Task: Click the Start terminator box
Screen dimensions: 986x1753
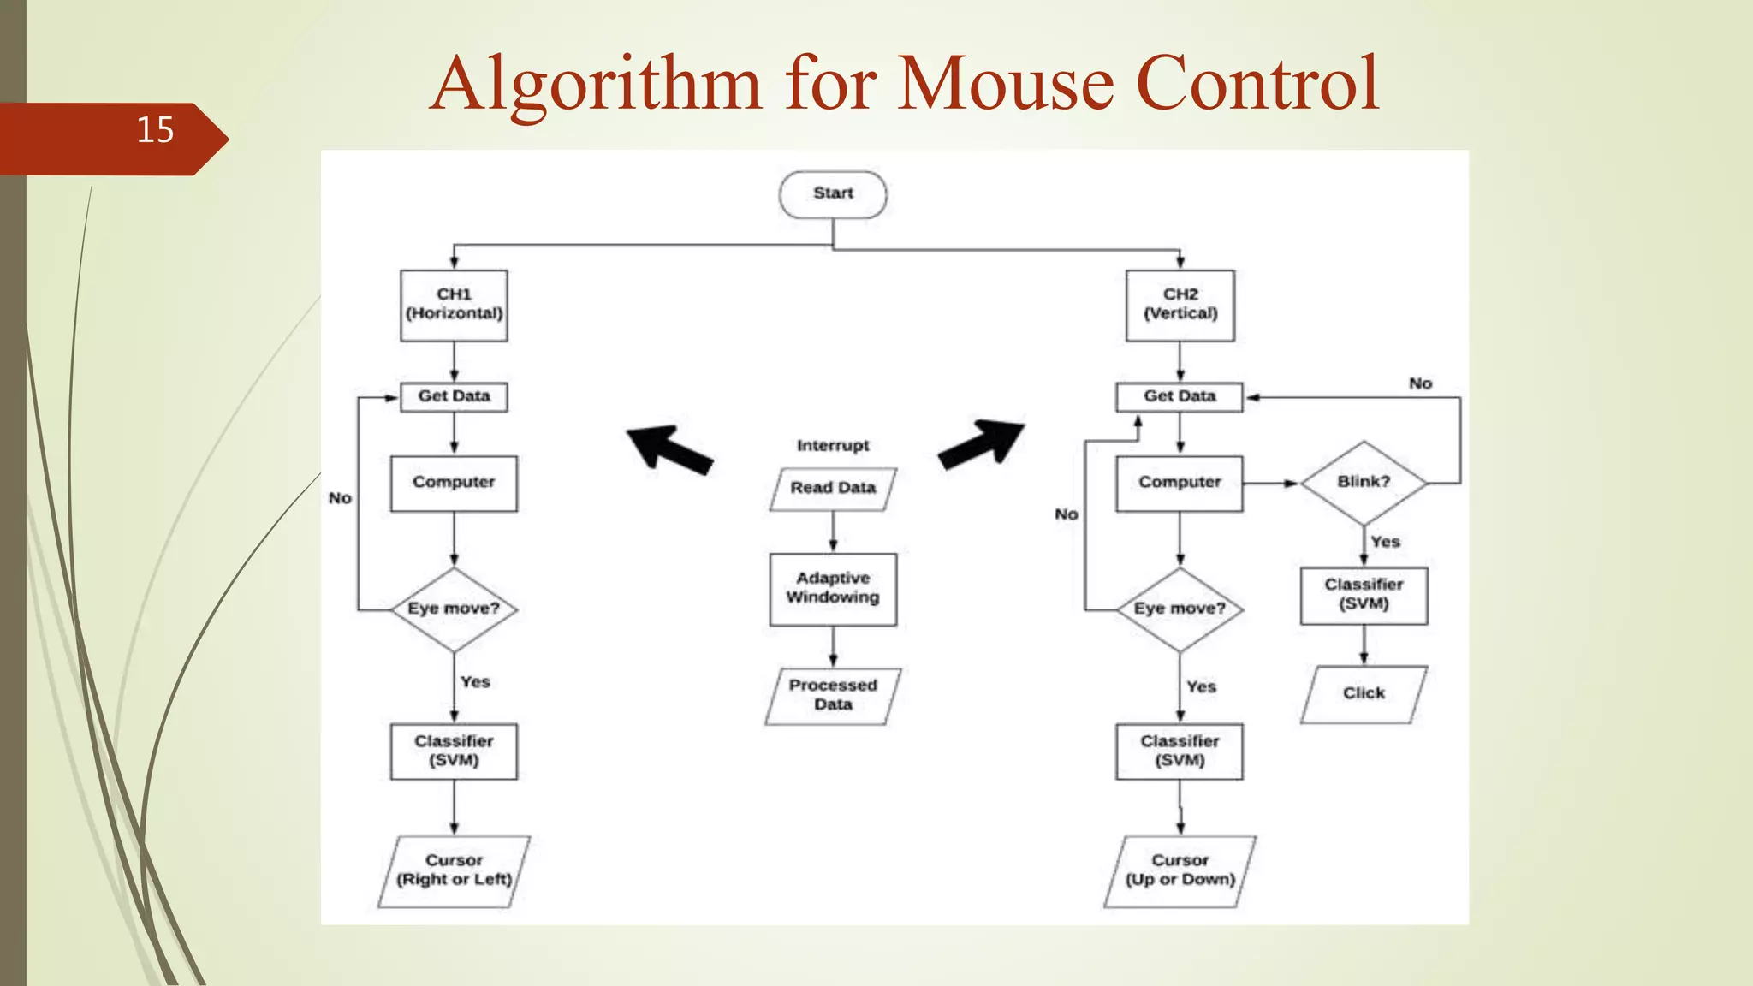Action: (833, 194)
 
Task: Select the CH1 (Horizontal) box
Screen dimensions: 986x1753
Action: (454, 306)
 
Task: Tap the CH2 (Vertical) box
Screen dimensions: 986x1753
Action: (1180, 306)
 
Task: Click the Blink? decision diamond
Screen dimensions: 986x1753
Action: (1364, 483)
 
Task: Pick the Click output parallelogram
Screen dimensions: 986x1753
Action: (1364, 694)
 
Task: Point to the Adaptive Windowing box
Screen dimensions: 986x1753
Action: (833, 589)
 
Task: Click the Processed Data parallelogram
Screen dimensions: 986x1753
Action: (833, 696)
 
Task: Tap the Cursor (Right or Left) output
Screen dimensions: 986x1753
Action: (454, 870)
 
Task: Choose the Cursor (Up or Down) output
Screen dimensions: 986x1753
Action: (1180, 870)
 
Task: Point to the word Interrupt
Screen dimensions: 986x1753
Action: (833, 446)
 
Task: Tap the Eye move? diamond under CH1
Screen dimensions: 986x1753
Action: (454, 609)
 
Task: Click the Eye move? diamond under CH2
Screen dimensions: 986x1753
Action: (1180, 609)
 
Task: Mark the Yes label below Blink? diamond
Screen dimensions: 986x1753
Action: (1385, 543)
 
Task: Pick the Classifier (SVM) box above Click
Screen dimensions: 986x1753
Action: (1364, 595)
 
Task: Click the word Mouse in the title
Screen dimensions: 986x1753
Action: (1007, 84)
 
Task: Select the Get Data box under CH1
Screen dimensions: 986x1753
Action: (454, 397)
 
